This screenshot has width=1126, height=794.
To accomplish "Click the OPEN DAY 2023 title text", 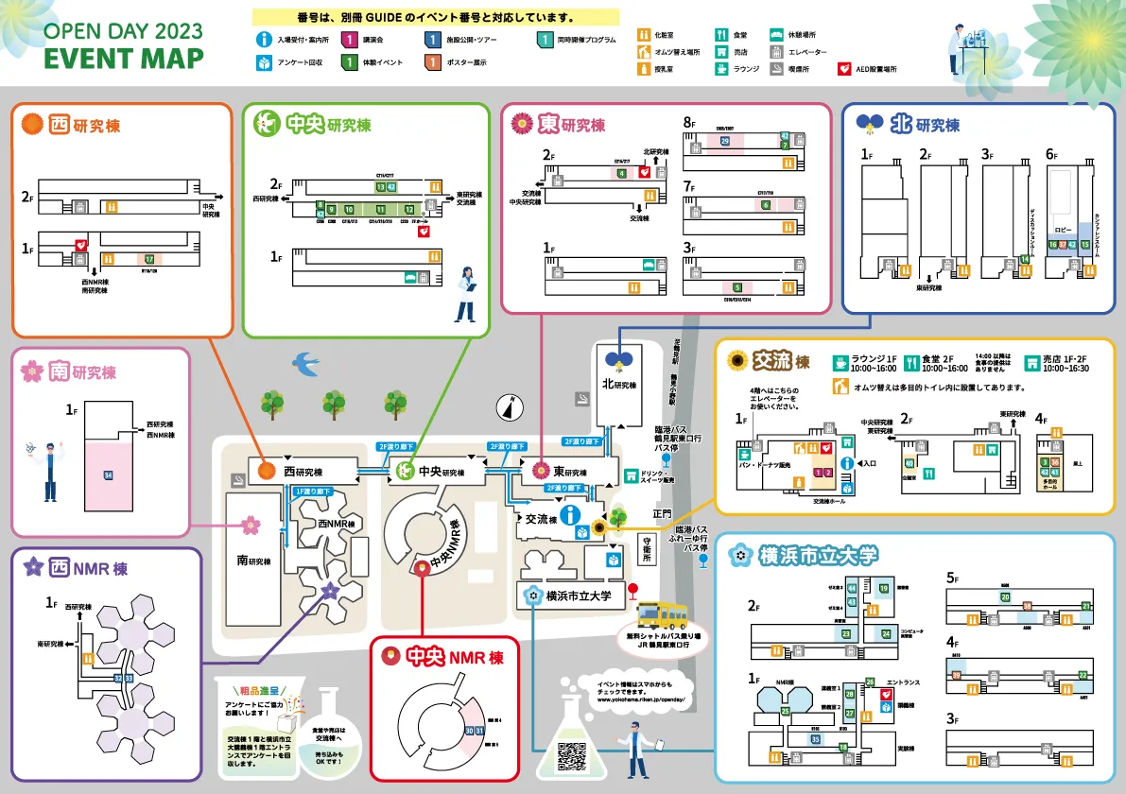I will pyautogui.click(x=124, y=28).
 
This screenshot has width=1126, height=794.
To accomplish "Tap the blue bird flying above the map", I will pyautogui.click(x=306, y=361).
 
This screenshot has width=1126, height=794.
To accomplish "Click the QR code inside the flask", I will pyautogui.click(x=573, y=755).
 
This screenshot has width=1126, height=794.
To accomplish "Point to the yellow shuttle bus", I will pyautogui.click(x=663, y=615).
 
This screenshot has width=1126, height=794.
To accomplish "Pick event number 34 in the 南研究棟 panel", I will pyautogui.click(x=109, y=474).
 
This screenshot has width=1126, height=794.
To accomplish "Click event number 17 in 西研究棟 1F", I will pyautogui.click(x=148, y=258).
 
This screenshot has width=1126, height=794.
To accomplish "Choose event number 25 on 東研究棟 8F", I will pyautogui.click(x=725, y=141).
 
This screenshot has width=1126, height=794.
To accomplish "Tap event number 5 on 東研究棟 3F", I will pyautogui.click(x=736, y=286).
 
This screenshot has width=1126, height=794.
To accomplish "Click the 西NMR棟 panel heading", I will pyautogui.click(x=76, y=568).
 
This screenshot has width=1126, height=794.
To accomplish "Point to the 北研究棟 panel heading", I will pyautogui.click(x=908, y=124).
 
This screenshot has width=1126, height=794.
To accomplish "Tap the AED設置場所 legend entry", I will pyautogui.click(x=868, y=69).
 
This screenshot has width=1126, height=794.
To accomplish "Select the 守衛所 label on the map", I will pyautogui.click(x=647, y=551).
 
